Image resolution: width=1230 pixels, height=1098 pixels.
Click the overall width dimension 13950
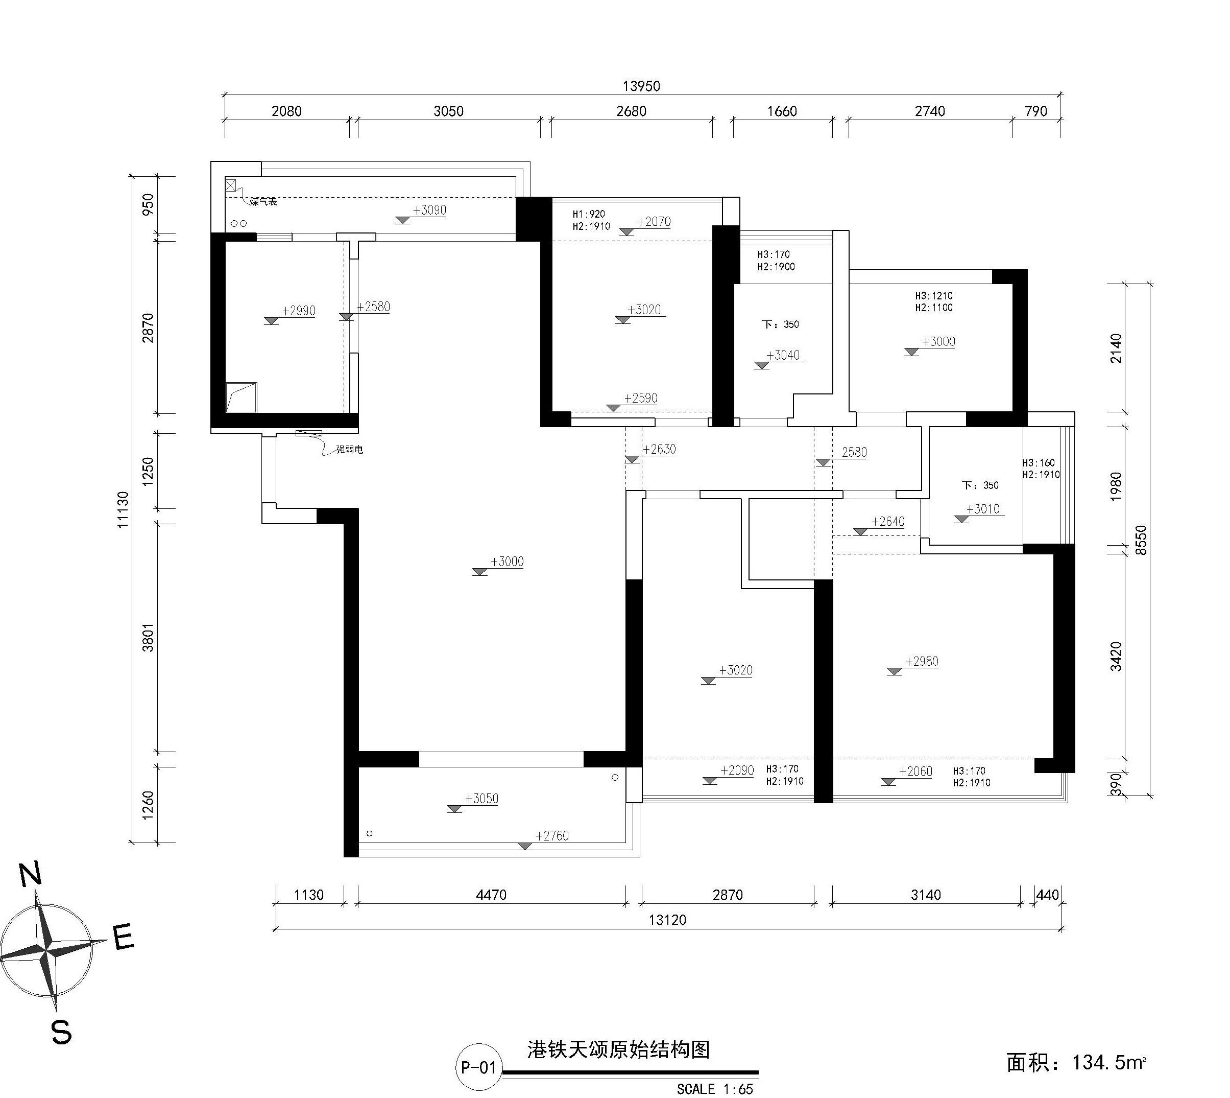(x=641, y=86)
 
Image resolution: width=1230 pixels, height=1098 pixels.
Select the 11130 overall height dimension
(x=123, y=510)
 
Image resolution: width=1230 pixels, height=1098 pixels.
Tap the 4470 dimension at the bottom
(x=491, y=895)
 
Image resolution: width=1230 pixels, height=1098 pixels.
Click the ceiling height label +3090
(x=429, y=210)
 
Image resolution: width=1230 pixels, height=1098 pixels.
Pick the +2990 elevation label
(x=299, y=311)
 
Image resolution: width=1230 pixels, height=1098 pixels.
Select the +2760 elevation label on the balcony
(x=552, y=835)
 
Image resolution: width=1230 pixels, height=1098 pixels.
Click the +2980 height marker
(x=921, y=661)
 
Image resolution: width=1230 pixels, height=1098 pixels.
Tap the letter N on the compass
(x=31, y=875)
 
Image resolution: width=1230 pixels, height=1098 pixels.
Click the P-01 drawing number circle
(x=478, y=1067)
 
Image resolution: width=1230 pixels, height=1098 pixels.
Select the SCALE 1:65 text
(x=714, y=1089)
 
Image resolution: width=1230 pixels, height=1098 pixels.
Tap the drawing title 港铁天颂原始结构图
(x=619, y=1050)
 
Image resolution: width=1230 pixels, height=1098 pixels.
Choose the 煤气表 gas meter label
(x=263, y=201)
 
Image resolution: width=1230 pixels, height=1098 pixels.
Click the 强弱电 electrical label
(x=350, y=450)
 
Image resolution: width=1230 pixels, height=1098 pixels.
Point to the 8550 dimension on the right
(x=1140, y=540)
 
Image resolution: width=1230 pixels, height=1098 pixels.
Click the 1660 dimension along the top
(x=782, y=111)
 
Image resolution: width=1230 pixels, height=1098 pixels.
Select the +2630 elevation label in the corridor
(x=659, y=449)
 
